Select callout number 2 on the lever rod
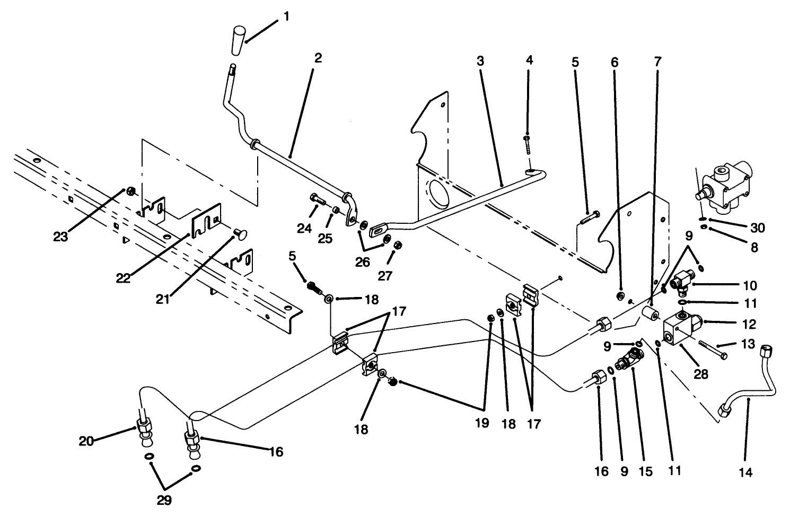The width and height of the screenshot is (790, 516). pyautogui.click(x=318, y=58)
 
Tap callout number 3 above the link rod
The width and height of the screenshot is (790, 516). pyautogui.click(x=480, y=61)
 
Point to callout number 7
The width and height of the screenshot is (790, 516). pyautogui.click(x=657, y=61)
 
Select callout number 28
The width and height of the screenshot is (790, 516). pyautogui.click(x=701, y=374)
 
